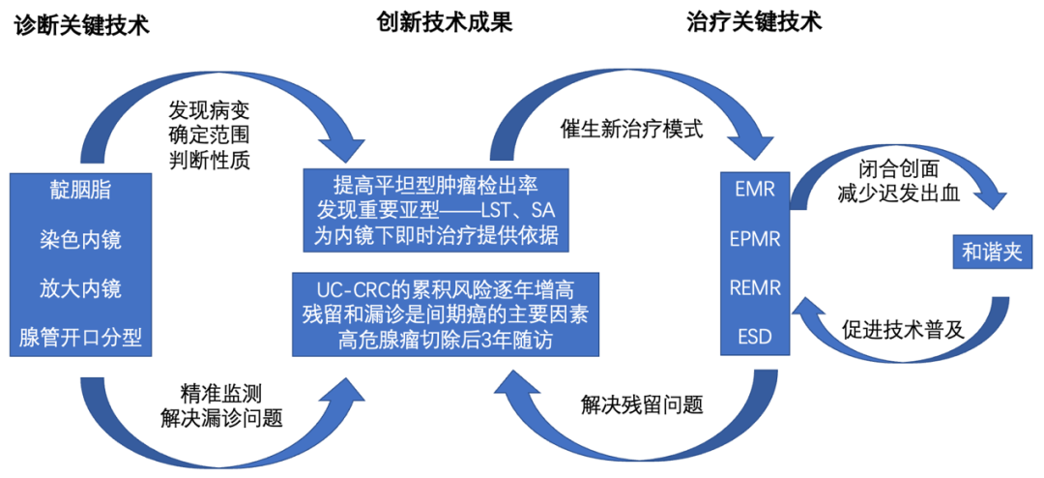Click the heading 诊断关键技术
81,25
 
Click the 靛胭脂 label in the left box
81,190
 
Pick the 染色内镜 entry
81,239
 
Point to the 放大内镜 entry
81,287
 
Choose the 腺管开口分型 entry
81,338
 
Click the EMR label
755,189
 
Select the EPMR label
755,238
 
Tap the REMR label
755,287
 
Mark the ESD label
755,338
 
